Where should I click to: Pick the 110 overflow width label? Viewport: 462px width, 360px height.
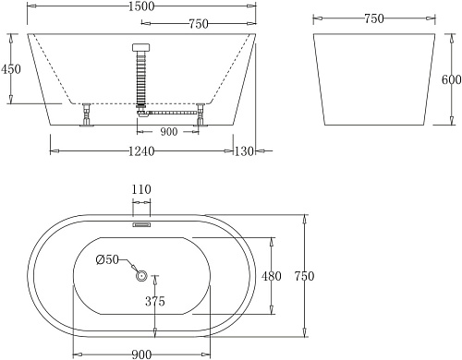coord(141,189)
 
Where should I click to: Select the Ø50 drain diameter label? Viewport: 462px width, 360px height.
coord(108,260)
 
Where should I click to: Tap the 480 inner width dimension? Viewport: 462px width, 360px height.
coord(283,275)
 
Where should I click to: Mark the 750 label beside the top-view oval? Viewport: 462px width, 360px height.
coord(305,276)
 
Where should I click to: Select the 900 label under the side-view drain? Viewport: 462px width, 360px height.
coord(169,131)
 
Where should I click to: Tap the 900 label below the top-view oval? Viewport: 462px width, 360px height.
coord(141,354)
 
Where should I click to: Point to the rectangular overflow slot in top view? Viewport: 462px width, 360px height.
coord(141,223)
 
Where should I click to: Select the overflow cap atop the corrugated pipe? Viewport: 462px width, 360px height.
coord(141,49)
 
